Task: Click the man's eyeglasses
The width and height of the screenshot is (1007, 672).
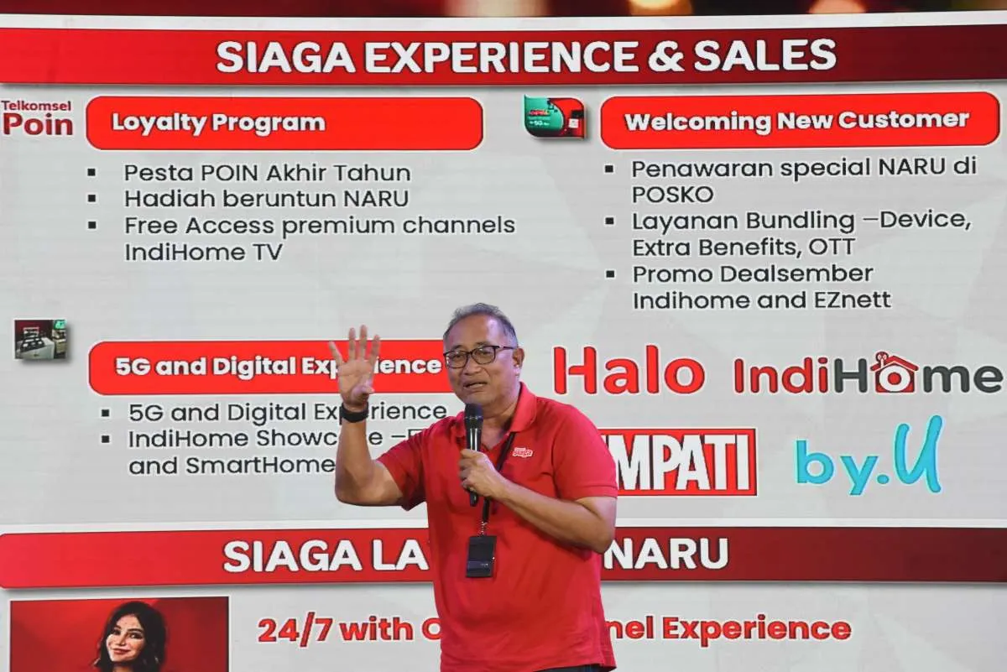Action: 477,356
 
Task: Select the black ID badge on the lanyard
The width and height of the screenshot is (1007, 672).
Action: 481,555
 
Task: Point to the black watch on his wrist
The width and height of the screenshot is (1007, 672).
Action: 354,414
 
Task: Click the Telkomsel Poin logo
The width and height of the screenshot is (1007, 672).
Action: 37,118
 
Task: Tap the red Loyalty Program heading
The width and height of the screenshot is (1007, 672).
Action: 284,123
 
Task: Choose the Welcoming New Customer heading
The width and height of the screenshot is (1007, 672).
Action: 798,121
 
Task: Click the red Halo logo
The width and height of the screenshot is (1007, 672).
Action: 629,372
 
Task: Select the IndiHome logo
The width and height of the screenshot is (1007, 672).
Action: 868,374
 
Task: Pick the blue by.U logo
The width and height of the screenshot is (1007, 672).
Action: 869,458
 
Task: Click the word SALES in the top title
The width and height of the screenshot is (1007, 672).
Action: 764,55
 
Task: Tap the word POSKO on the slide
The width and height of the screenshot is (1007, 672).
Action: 672,195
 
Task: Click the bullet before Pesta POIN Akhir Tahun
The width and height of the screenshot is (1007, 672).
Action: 91,173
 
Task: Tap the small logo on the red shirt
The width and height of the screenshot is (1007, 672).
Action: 522,452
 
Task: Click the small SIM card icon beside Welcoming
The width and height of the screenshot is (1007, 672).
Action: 554,117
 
